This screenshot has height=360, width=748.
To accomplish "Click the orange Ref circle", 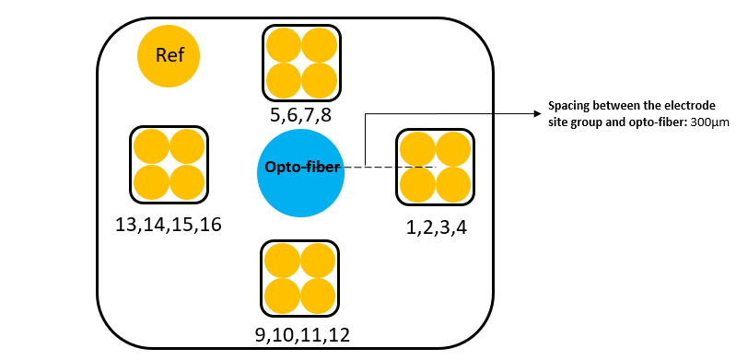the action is [169, 56].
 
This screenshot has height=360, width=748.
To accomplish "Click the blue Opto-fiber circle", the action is [300, 173].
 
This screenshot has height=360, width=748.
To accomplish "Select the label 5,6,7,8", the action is [300, 115].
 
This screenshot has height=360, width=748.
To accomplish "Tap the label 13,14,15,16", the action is [169, 225].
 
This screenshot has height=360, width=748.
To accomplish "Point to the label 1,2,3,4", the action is [436, 228].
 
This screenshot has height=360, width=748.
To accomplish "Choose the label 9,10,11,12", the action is [302, 335].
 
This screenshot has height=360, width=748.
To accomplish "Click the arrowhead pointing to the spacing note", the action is [538, 113].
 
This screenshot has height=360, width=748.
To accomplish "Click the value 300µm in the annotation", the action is [710, 122].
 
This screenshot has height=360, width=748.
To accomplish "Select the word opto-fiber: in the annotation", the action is [663, 122].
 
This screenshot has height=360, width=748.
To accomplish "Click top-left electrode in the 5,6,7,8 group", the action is [284, 46].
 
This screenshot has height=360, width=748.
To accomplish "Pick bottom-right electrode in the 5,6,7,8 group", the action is [320, 80].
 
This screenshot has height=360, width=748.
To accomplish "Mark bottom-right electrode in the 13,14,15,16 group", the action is [187, 182].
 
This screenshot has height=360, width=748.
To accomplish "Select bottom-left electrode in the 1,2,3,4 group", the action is [417, 184].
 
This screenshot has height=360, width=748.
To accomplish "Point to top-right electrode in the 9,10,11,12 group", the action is [318, 261].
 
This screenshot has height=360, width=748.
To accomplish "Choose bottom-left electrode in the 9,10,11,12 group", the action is [282, 296].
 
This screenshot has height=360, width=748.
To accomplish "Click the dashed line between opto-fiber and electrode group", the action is [390, 167].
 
